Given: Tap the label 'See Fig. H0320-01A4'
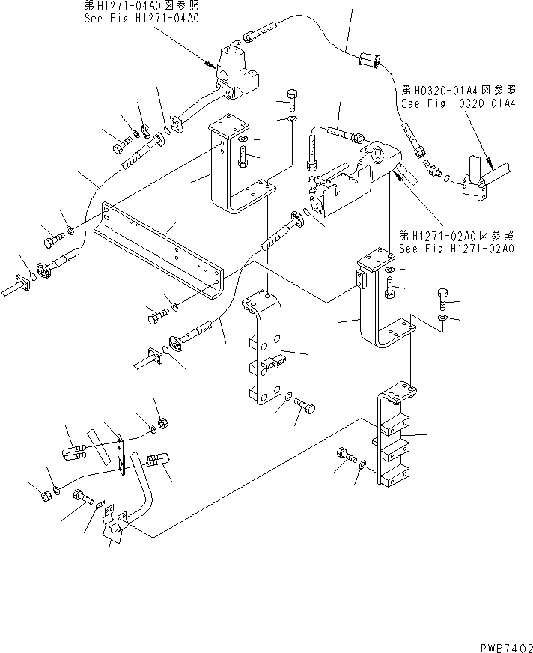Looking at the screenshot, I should [457, 104].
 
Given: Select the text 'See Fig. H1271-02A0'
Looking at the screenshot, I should [456, 249].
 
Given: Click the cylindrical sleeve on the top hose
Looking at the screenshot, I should [368, 58].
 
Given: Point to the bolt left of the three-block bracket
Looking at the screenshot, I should [344, 455].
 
